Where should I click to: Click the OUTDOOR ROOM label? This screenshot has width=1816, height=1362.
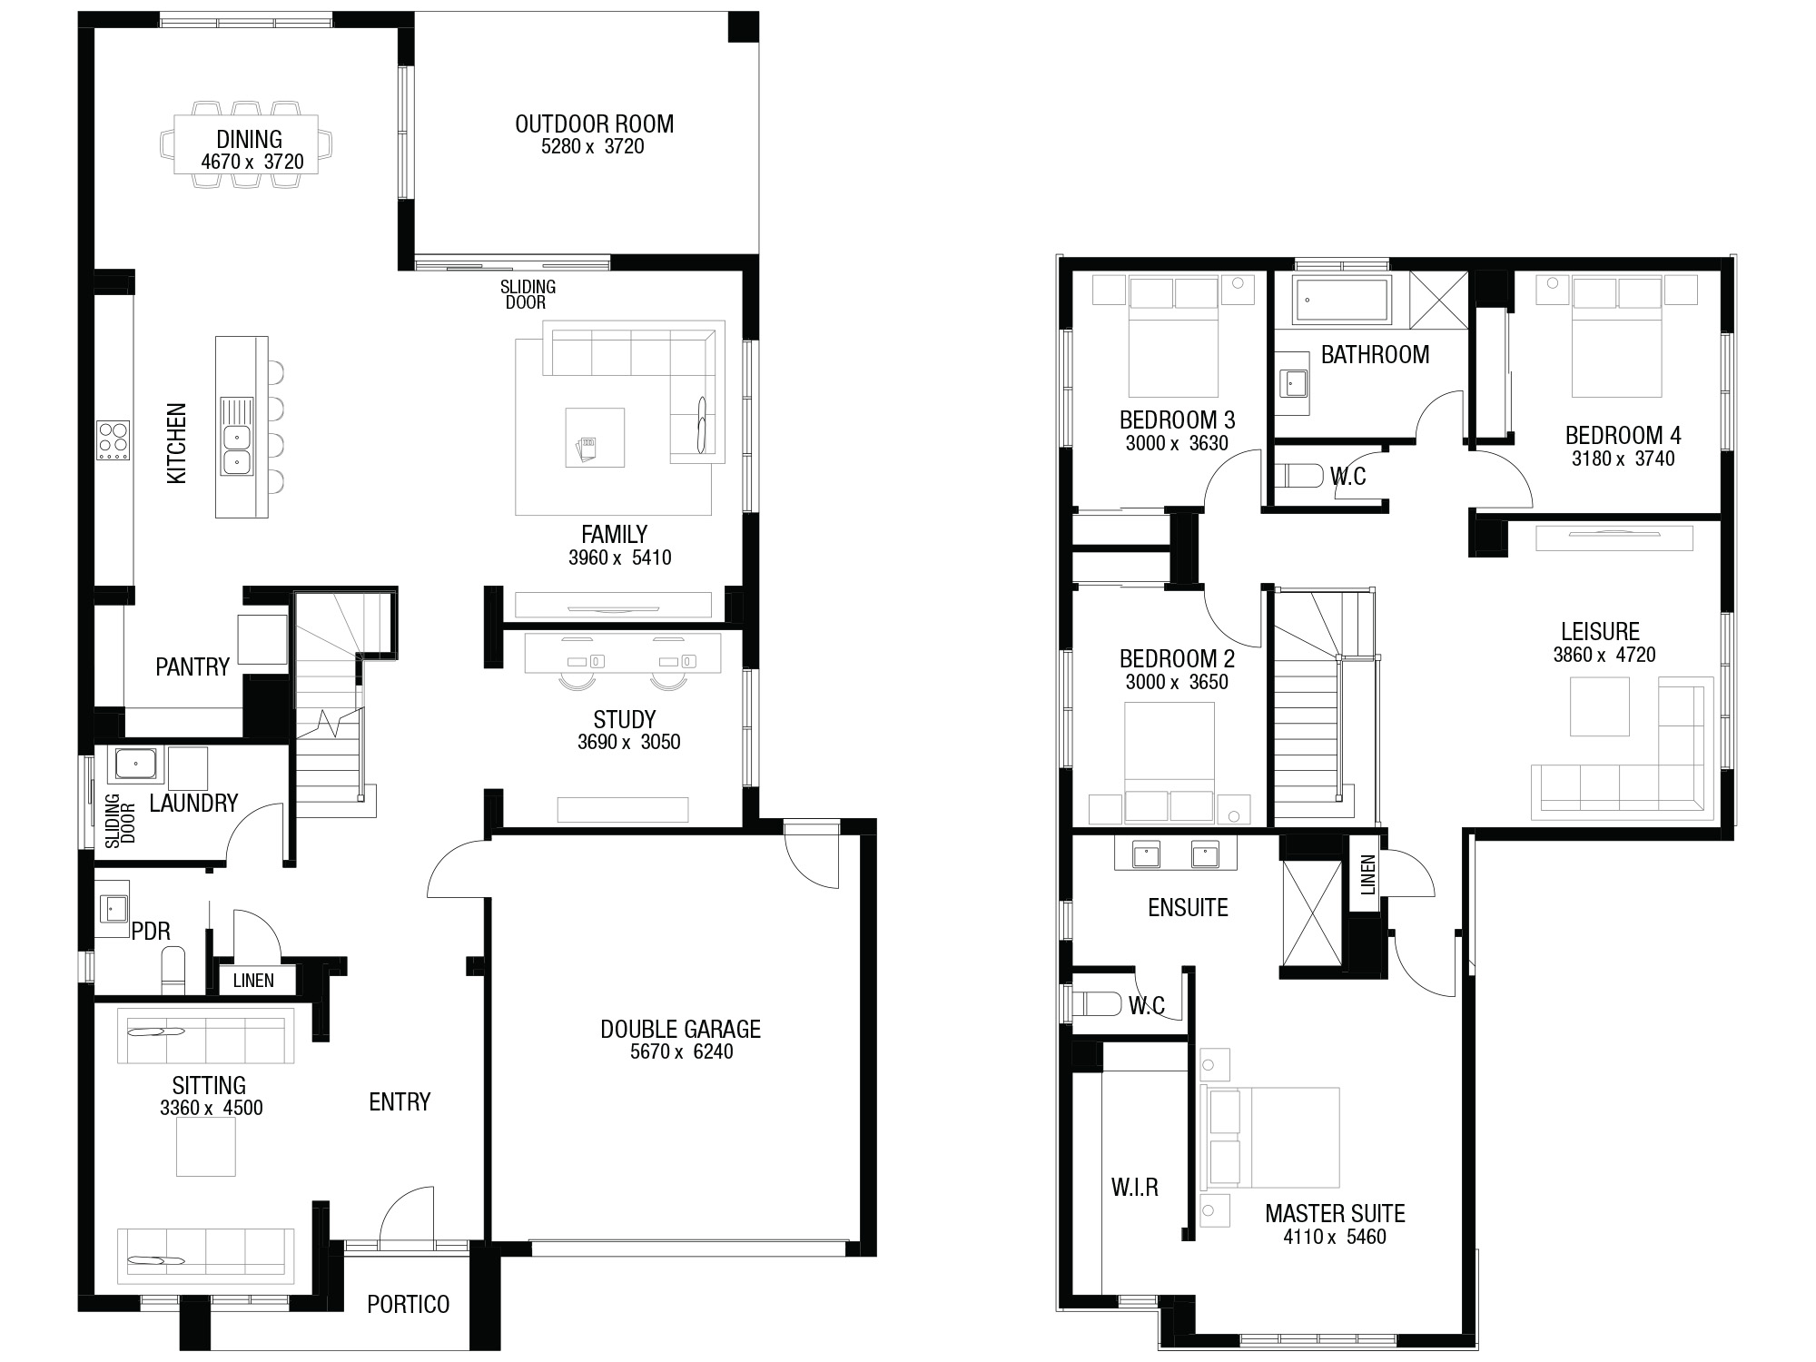tap(594, 123)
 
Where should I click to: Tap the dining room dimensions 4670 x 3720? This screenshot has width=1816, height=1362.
tap(252, 163)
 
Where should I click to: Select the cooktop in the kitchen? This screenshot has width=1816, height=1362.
tap(113, 440)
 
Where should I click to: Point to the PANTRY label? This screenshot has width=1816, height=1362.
tap(192, 667)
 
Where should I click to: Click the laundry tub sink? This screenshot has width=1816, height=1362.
tap(134, 765)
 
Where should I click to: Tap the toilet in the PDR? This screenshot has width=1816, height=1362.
tap(173, 970)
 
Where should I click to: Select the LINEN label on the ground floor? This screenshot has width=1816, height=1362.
tap(253, 981)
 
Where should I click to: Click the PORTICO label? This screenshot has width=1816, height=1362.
tap(409, 1305)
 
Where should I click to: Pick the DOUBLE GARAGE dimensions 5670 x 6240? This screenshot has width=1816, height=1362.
tap(681, 1051)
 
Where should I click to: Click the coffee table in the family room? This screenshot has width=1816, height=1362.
tap(595, 437)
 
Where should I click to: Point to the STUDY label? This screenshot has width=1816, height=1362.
tap(625, 720)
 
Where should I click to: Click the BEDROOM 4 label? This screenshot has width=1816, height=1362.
tap(1623, 435)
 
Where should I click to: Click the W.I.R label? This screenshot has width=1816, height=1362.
tap(1135, 1187)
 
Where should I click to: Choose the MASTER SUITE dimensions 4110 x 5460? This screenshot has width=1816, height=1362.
tap(1335, 1237)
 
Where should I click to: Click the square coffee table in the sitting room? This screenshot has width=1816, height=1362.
tap(206, 1147)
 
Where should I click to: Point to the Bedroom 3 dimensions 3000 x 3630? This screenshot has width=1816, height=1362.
tap(1177, 443)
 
